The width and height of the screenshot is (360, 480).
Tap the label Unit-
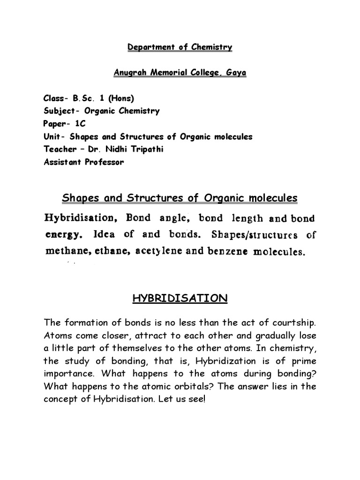pos(54,137)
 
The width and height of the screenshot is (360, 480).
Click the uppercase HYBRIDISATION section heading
pos(180,298)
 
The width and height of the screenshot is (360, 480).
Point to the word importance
pos(67,374)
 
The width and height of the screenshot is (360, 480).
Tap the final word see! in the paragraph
pos(196,399)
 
